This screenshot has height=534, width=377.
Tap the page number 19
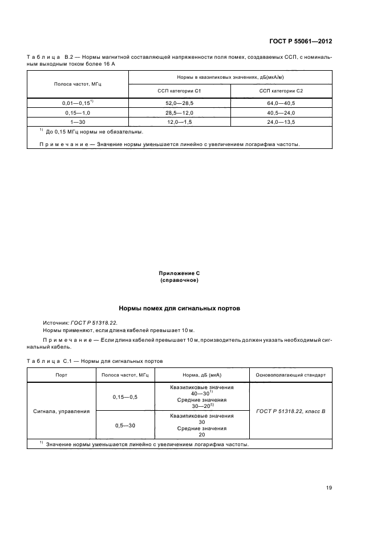point(329,487)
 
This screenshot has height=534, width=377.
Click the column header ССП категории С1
point(179,91)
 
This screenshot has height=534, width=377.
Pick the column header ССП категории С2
point(281,91)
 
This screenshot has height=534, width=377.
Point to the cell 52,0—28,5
point(179,104)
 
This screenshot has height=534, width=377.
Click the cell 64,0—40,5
point(281,104)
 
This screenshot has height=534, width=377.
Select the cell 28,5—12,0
point(179,113)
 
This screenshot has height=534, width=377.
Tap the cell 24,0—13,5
point(281,122)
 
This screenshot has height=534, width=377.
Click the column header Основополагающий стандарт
point(291,375)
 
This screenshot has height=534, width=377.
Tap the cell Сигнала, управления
point(61,410)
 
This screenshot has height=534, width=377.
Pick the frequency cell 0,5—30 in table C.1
point(124,426)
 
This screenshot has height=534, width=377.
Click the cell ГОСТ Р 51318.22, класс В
point(291,410)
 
